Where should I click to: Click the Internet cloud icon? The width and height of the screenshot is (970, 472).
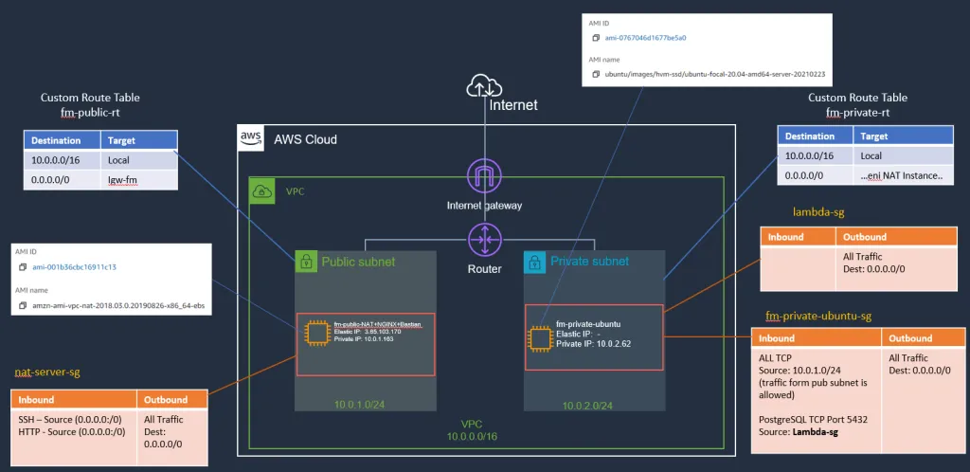pos(483,87)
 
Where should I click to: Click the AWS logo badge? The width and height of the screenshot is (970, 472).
pos(251,138)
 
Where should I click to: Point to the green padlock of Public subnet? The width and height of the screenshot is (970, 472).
pos(306,261)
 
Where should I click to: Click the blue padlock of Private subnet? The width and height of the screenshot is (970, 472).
pos(535,261)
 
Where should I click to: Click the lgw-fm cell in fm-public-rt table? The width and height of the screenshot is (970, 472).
pos(123,180)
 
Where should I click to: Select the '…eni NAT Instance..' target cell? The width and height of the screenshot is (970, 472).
pos(901,176)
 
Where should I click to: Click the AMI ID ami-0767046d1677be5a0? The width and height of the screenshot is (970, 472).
pos(645,38)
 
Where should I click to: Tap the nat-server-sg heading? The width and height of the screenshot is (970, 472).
pos(47,373)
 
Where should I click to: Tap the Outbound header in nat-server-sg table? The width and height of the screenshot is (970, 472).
pos(166,400)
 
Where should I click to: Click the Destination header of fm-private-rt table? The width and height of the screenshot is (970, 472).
pos(810,136)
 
